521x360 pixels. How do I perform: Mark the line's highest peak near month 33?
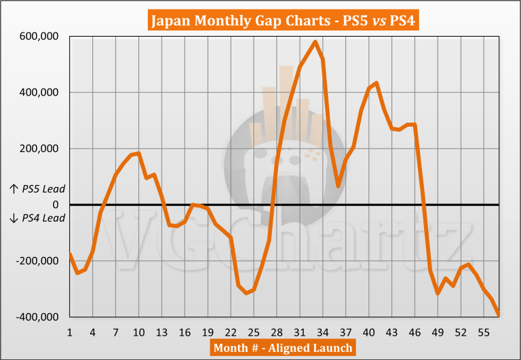[x=315, y=41]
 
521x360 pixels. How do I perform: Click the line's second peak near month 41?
[x=376, y=83]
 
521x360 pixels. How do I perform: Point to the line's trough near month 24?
[x=246, y=294]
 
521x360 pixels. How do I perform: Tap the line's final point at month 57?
[x=499, y=314]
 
